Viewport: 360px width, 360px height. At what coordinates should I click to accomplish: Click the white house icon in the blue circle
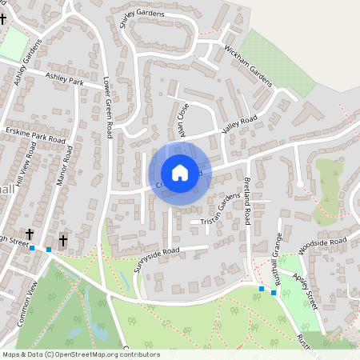180,172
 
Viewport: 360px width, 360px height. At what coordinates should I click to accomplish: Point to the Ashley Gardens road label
26,66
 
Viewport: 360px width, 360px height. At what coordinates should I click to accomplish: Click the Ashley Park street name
64,79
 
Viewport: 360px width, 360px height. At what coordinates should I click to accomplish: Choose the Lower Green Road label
106,108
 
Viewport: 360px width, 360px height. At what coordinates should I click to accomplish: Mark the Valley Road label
239,124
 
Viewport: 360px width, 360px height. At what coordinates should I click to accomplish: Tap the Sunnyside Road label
160,259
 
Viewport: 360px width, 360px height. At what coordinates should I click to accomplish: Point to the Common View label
27,304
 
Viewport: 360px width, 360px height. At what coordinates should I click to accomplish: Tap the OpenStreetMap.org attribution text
102,354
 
